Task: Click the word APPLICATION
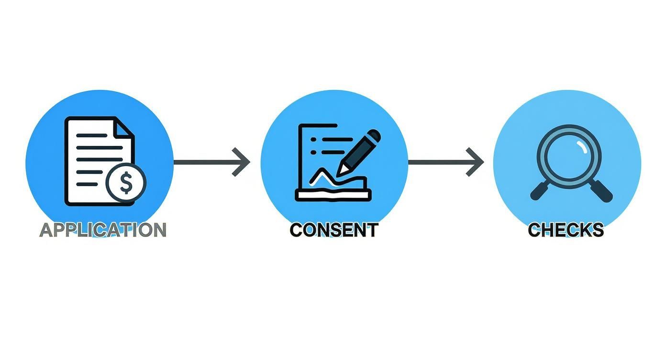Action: coord(103,230)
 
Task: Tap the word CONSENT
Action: coord(333,230)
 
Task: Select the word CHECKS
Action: coord(566,230)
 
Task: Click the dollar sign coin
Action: coord(126,182)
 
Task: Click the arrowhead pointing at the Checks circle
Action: coord(476,162)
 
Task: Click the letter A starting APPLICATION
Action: coord(46,230)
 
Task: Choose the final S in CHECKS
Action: coord(597,230)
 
